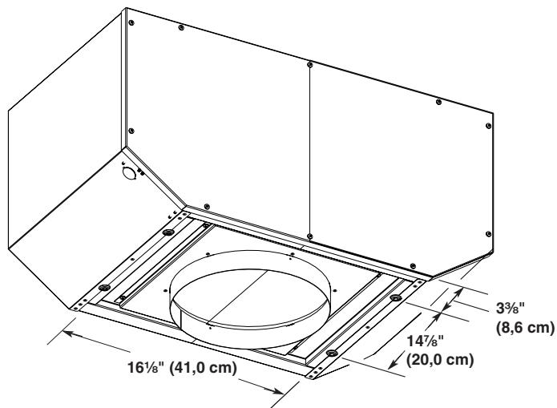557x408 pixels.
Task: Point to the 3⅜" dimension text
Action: click(506, 305)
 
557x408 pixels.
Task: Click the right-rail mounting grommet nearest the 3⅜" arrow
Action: click(395, 298)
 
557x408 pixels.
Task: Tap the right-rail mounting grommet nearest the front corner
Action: click(333, 353)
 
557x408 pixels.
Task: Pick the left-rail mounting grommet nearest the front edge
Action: click(103, 287)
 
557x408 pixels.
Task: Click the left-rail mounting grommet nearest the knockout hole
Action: click(168, 232)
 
